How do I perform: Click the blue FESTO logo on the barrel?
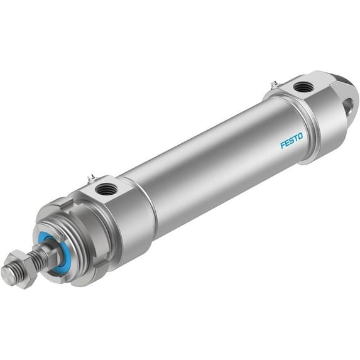pyautogui.click(x=292, y=140)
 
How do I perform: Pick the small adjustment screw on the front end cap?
pyautogui.click(x=92, y=178)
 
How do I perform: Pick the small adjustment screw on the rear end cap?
pyautogui.click(x=275, y=82)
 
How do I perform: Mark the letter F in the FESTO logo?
pyautogui.click(x=283, y=145)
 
